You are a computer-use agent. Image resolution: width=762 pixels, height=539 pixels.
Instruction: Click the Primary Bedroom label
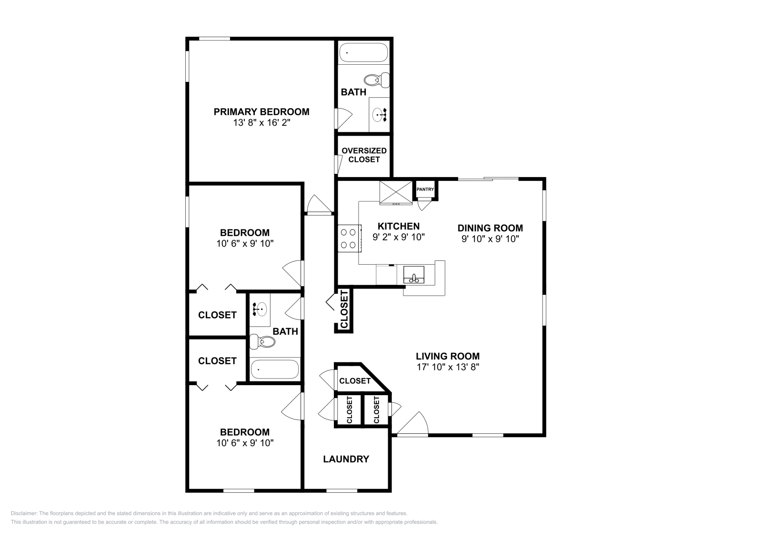(x=261, y=112)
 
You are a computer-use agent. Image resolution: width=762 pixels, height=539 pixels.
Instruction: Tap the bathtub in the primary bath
(x=363, y=52)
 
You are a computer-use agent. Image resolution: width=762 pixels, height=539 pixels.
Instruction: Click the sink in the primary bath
(x=379, y=115)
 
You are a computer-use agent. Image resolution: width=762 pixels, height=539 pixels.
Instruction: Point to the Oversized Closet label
(x=364, y=155)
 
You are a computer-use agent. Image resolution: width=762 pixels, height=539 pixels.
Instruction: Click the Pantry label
(x=425, y=190)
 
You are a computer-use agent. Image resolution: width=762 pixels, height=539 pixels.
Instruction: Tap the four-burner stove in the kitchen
(x=350, y=239)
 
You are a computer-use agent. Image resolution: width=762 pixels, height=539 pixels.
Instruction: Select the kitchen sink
(x=414, y=275)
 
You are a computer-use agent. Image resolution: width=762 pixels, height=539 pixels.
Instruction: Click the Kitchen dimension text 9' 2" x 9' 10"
(x=399, y=237)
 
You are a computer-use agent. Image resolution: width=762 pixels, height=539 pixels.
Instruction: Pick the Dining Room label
(x=490, y=228)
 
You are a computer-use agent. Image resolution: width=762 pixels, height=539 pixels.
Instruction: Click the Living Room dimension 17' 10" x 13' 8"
(x=448, y=367)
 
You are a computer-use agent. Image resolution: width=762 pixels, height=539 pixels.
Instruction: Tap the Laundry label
(x=346, y=459)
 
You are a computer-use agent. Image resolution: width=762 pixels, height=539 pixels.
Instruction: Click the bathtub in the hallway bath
(x=275, y=369)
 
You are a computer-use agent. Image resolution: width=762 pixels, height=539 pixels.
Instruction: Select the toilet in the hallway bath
(x=262, y=341)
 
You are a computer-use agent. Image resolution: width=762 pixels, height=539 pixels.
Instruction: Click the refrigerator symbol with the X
(x=396, y=193)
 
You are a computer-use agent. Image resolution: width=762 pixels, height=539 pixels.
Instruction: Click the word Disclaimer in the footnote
(x=24, y=513)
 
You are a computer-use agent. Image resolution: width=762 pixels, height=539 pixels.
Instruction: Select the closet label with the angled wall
(x=355, y=381)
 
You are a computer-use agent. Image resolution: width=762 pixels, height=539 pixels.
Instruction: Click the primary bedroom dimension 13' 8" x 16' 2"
(x=261, y=122)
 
